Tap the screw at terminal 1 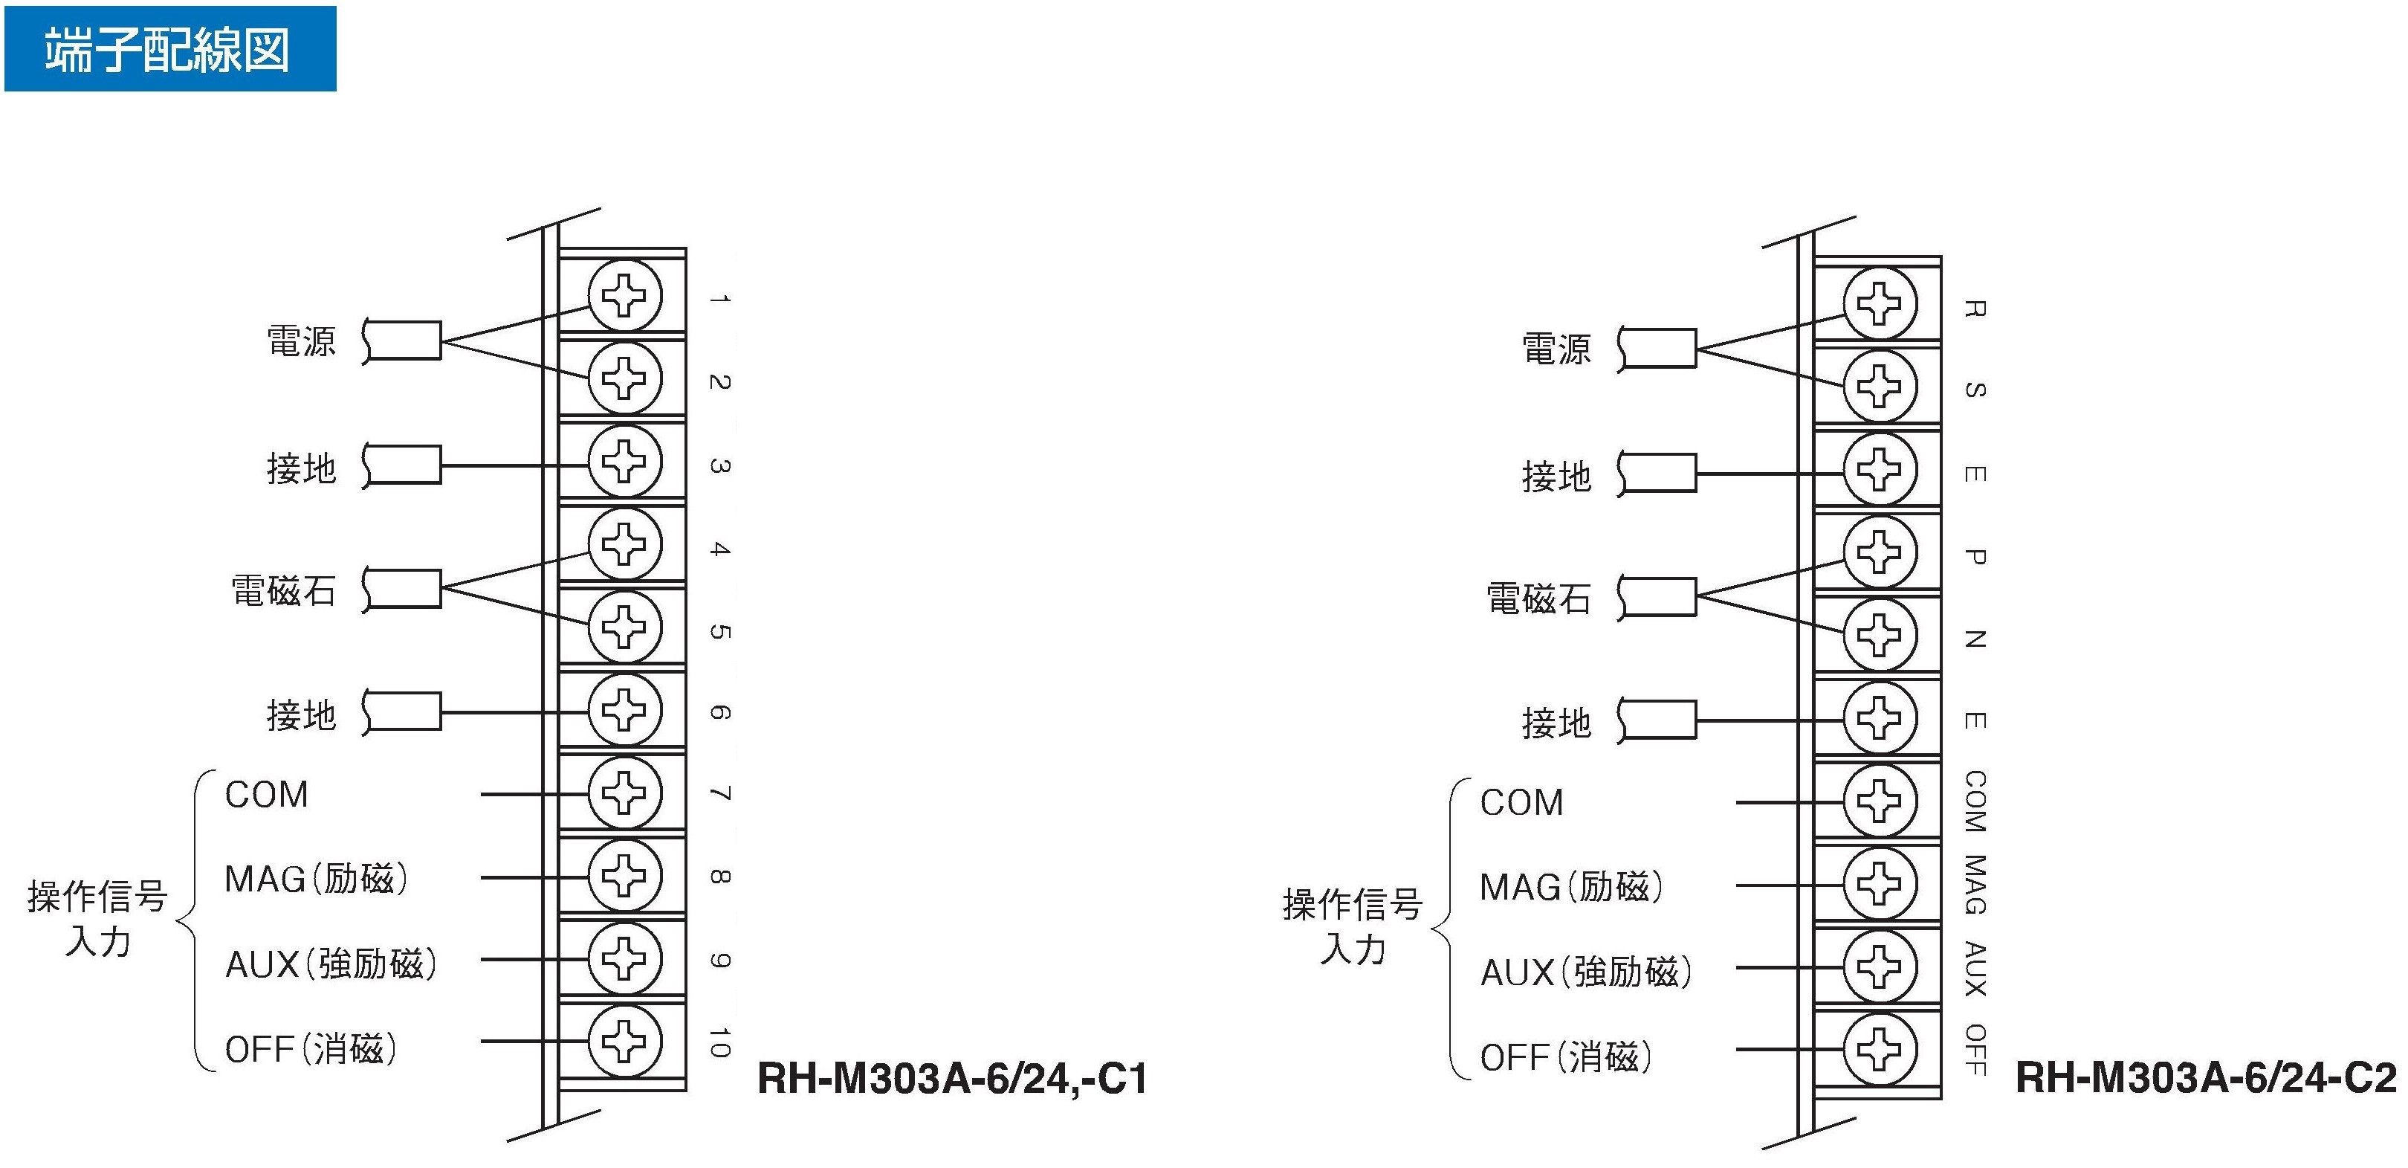624,295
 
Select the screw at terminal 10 624,1040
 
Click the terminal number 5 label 719,631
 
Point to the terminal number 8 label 719,877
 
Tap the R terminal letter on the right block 1973,309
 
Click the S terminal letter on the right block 1973,390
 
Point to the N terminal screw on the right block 1879,635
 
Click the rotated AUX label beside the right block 1973,969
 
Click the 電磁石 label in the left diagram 283,591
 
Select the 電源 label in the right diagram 1556,349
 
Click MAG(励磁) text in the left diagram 316,879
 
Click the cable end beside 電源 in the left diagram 402,341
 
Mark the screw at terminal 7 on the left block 624,793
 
